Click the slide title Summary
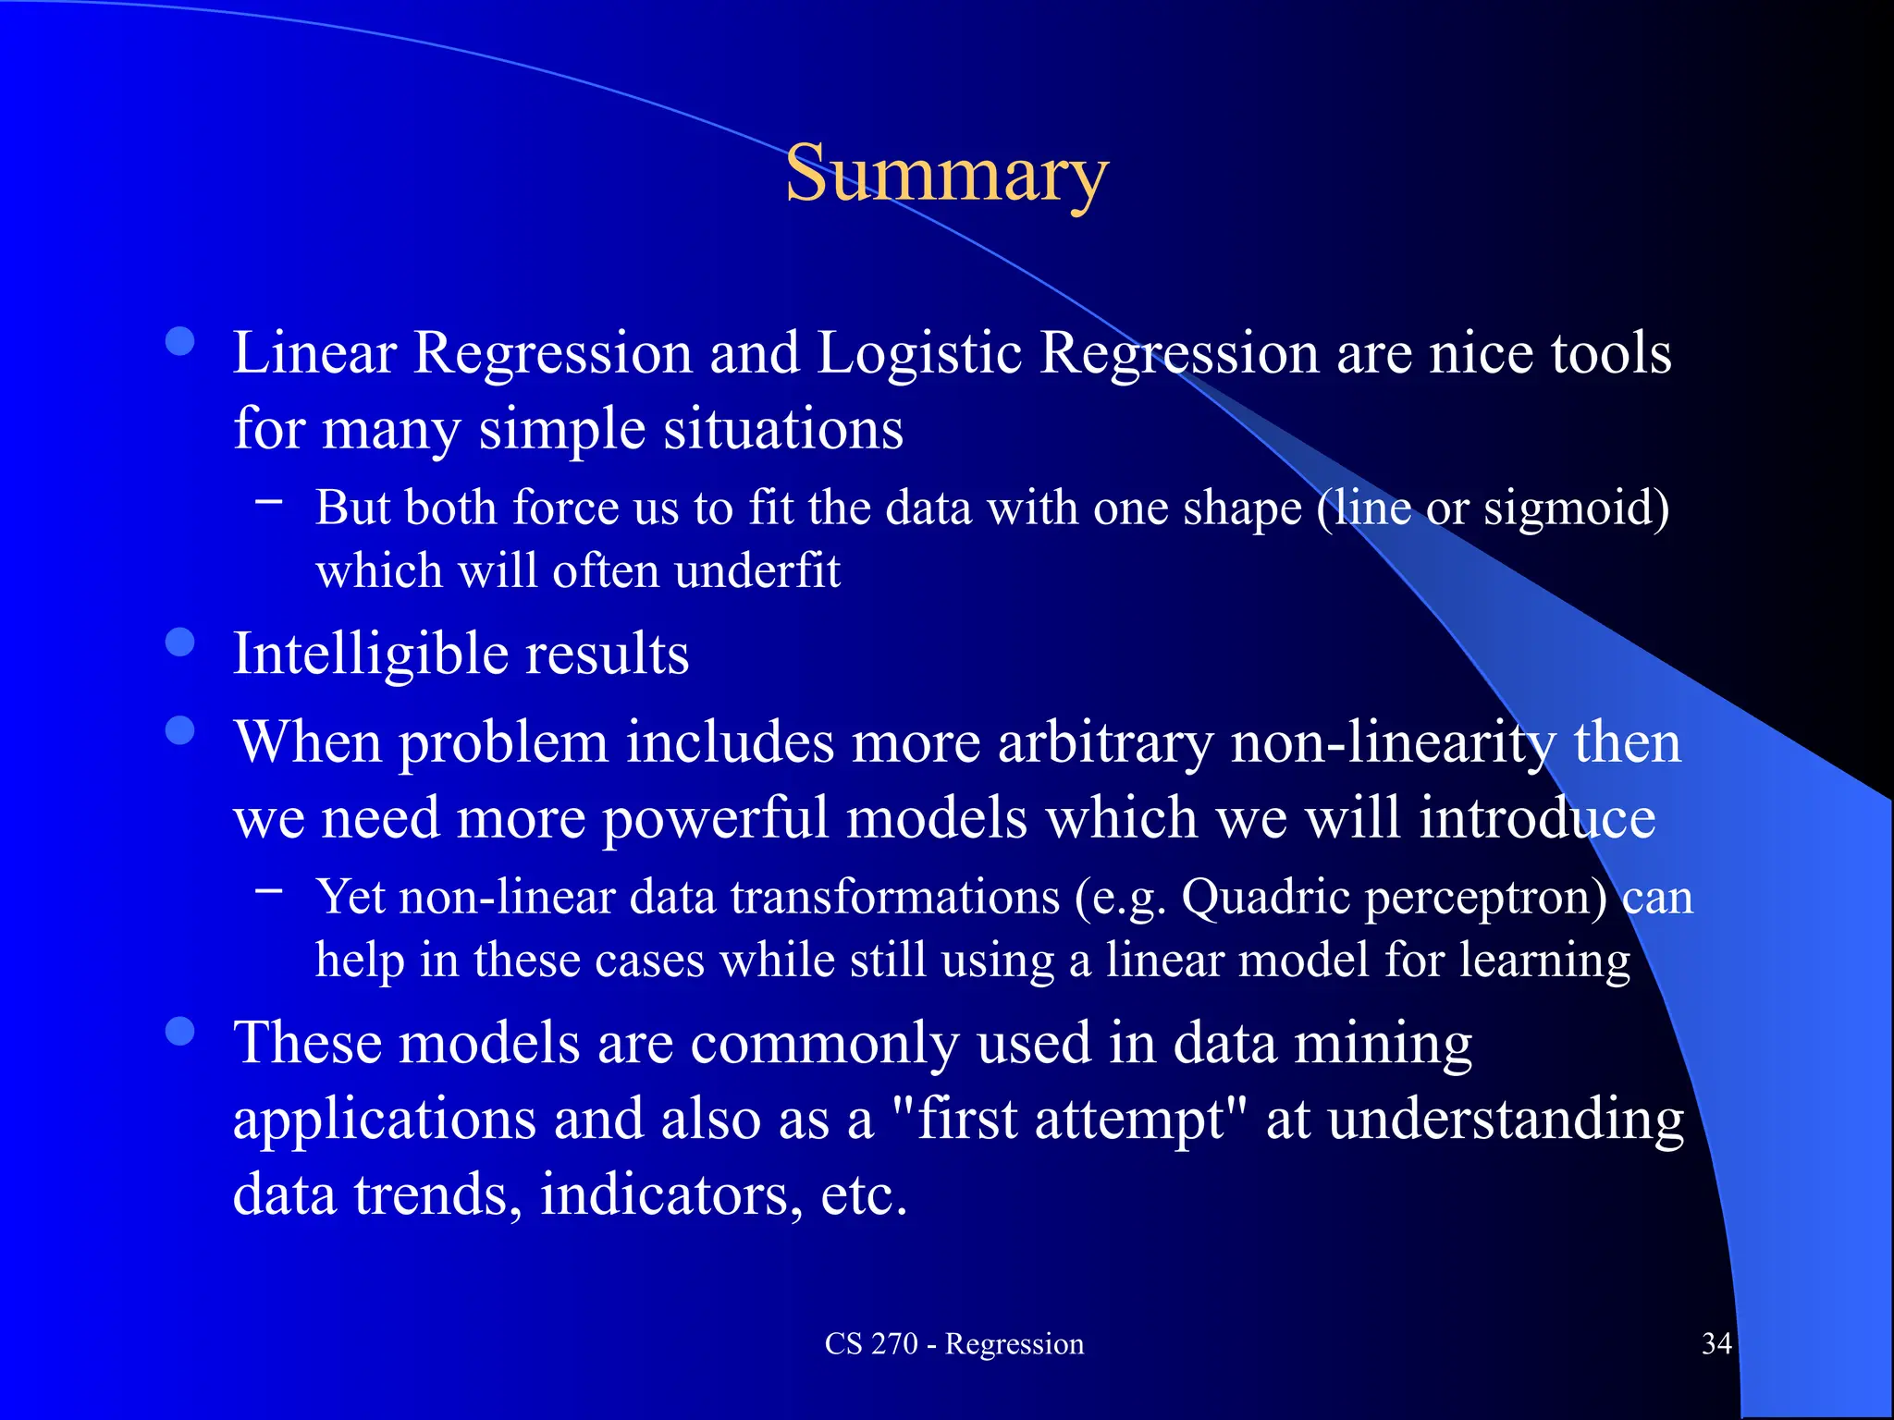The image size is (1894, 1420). (946, 175)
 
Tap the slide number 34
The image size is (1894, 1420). (1716, 1343)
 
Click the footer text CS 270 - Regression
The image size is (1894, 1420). (954, 1343)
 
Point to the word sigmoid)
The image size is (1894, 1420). (1576, 508)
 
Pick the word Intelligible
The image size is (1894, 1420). (370, 655)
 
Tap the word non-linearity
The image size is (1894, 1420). (1393, 743)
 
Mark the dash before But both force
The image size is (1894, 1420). (269, 501)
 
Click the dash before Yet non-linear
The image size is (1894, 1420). (269, 890)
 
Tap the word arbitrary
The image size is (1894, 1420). (1105, 743)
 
